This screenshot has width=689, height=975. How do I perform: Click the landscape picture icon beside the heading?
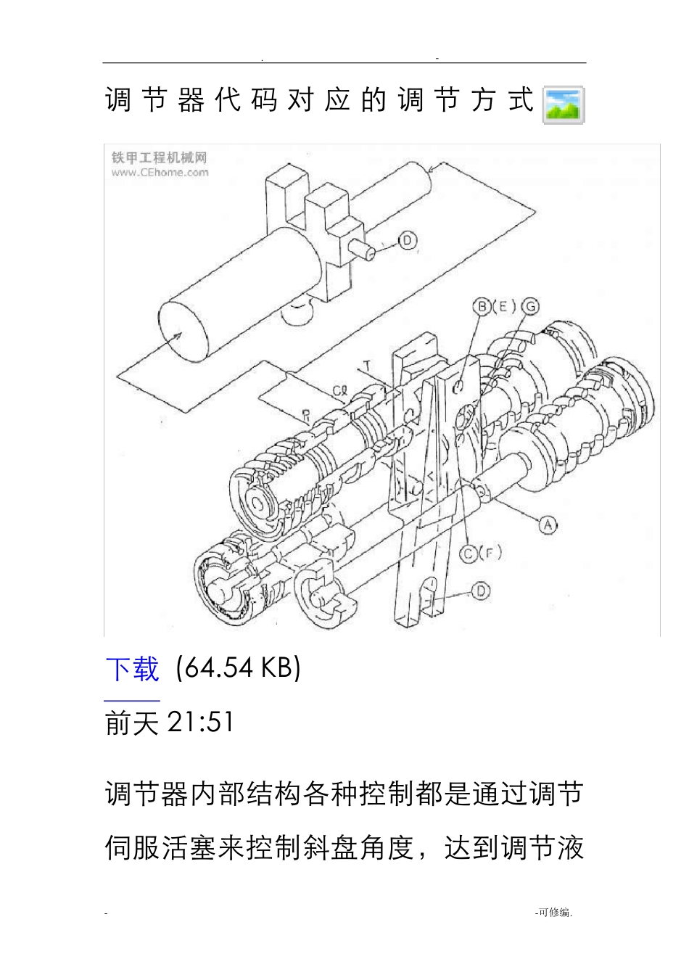click(x=564, y=105)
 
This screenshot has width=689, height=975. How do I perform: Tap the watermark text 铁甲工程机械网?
click(x=160, y=157)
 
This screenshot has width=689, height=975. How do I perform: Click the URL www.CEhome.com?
click(x=160, y=173)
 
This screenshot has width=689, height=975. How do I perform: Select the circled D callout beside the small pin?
click(x=408, y=240)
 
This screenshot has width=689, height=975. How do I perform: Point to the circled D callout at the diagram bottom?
click(x=481, y=591)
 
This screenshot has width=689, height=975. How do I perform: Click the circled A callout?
click(x=548, y=524)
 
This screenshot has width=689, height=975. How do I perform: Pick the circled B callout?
click(x=482, y=306)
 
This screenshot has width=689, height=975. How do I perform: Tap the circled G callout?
click(x=530, y=306)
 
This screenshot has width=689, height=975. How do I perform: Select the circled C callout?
click(x=469, y=554)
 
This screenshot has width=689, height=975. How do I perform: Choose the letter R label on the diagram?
click(x=306, y=416)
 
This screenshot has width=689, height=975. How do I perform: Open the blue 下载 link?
click(x=132, y=669)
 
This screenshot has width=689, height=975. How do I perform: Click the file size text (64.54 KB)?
click(x=238, y=667)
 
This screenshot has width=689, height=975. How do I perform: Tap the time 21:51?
click(x=200, y=722)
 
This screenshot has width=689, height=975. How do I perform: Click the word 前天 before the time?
click(x=132, y=723)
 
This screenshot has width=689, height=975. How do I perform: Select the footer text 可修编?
click(x=553, y=913)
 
